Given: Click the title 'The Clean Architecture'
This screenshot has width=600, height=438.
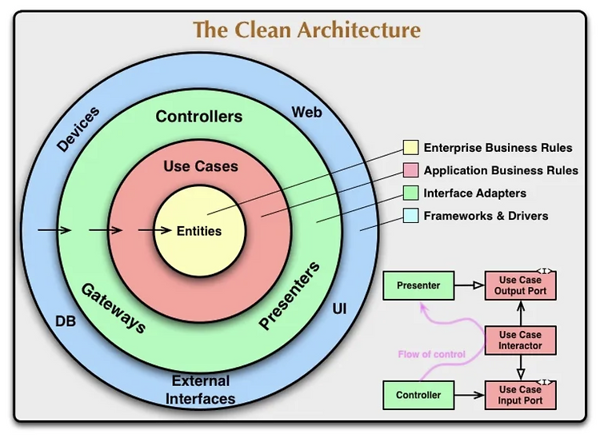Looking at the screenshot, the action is coord(306,30).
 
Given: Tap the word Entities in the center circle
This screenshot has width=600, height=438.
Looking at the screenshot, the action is coord(199,231).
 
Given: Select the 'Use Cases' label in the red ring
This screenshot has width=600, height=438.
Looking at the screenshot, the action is coord(201,166).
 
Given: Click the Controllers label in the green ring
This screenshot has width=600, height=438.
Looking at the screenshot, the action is coord(199,117).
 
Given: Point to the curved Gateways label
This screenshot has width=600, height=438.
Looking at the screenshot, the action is coord(114,308).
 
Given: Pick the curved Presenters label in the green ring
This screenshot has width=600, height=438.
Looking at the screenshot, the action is coord(290,295).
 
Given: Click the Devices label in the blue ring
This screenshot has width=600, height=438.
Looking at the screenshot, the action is coord(78,129).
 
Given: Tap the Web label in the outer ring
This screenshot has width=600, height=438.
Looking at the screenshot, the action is coord(306,113).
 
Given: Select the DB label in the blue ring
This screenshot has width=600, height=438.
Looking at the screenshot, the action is coord(66,321).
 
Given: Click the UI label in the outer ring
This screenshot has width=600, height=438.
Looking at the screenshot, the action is coord(339,309).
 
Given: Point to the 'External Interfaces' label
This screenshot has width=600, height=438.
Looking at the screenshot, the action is coord(200,390).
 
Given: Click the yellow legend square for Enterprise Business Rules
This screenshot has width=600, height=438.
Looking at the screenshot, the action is coord(410,148).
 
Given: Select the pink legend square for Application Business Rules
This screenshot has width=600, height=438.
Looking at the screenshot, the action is coord(410,170).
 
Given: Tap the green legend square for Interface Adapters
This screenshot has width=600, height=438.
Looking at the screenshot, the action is coord(410,193).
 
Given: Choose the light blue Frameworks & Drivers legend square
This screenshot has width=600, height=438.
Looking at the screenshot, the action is coord(410,216).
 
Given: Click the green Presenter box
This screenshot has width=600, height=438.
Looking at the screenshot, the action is coord(418,285).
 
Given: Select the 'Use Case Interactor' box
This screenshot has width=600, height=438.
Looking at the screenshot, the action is coord(521,340).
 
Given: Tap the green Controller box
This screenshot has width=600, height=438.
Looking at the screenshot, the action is coord(418,395).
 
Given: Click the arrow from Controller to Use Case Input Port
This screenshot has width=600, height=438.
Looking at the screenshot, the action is coord(470,395).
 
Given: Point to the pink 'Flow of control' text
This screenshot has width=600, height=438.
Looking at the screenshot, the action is coord(432,354).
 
